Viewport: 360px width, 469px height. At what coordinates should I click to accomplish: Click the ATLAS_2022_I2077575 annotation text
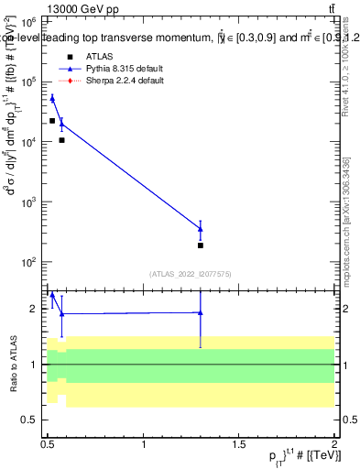pos(190,274)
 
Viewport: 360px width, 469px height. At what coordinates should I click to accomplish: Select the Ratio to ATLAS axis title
pos(12,364)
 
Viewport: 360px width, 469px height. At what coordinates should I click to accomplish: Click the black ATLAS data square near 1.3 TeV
pos(200,245)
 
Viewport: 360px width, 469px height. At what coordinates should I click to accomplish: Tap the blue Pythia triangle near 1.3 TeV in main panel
pos(200,228)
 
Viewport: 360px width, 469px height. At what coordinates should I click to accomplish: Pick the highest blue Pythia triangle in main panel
pos(52,98)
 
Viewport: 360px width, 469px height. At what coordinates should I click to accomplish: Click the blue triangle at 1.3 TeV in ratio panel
pos(200,312)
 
